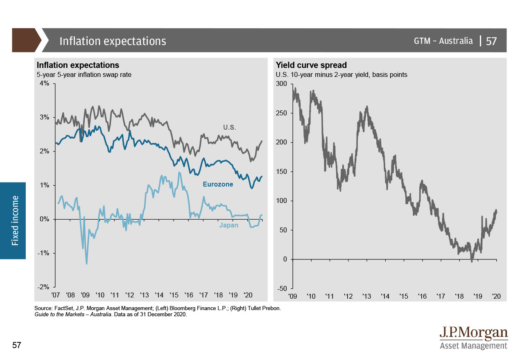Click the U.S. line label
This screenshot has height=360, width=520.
click(230, 127)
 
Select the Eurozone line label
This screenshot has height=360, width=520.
click(218, 184)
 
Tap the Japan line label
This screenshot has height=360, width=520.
click(228, 225)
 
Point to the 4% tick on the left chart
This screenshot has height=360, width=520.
click(44, 83)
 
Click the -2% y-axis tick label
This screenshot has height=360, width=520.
click(43, 287)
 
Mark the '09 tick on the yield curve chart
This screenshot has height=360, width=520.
click(293, 296)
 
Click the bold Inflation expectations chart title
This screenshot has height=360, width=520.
click(78, 65)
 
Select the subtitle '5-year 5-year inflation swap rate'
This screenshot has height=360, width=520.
click(84, 74)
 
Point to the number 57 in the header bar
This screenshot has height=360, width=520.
click(491, 41)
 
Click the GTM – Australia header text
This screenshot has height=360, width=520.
click(443, 41)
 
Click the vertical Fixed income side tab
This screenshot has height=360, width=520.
click(15, 221)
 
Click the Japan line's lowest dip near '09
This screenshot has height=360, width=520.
click(86, 263)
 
